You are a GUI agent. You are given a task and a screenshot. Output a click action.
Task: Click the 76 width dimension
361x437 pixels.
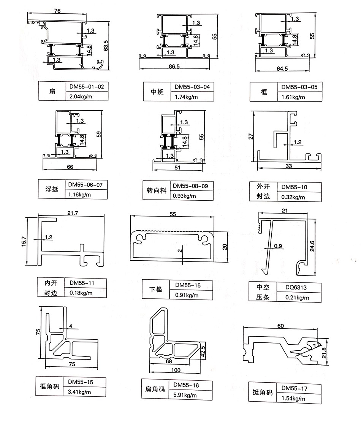57,11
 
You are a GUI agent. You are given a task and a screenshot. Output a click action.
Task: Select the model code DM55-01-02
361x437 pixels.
86,87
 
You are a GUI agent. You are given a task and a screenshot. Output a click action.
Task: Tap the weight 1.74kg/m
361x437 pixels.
186,97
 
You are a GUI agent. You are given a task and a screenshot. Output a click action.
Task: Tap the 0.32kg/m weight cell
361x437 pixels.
293,197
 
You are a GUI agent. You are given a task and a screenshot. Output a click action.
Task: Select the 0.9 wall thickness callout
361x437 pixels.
278,246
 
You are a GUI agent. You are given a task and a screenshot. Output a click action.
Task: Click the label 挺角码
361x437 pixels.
263,393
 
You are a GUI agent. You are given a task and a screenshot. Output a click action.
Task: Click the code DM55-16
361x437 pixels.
186,385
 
